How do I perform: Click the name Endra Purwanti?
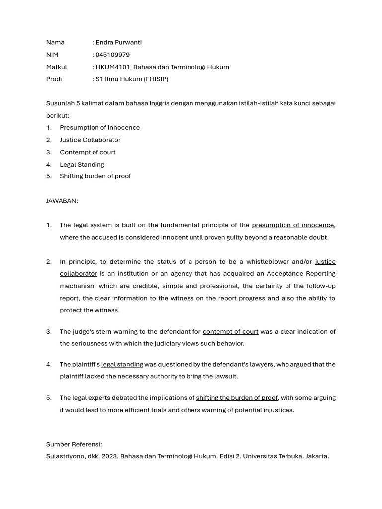point(118,42)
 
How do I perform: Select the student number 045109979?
point(112,55)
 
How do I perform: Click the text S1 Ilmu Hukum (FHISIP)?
point(132,79)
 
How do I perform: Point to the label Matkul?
point(56,67)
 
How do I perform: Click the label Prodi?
point(54,79)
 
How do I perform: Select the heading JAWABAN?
point(62,201)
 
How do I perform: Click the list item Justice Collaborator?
point(90,140)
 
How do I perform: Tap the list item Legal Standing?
point(82,164)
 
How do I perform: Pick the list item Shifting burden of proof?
point(95,176)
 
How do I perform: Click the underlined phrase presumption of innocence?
point(292,225)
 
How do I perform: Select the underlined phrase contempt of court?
point(230,331)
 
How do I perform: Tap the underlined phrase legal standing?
point(122,364)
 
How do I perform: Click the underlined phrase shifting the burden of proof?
point(237,398)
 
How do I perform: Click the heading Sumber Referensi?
point(74,444)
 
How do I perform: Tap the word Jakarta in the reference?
point(316,456)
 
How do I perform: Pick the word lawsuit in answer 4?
point(225,376)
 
